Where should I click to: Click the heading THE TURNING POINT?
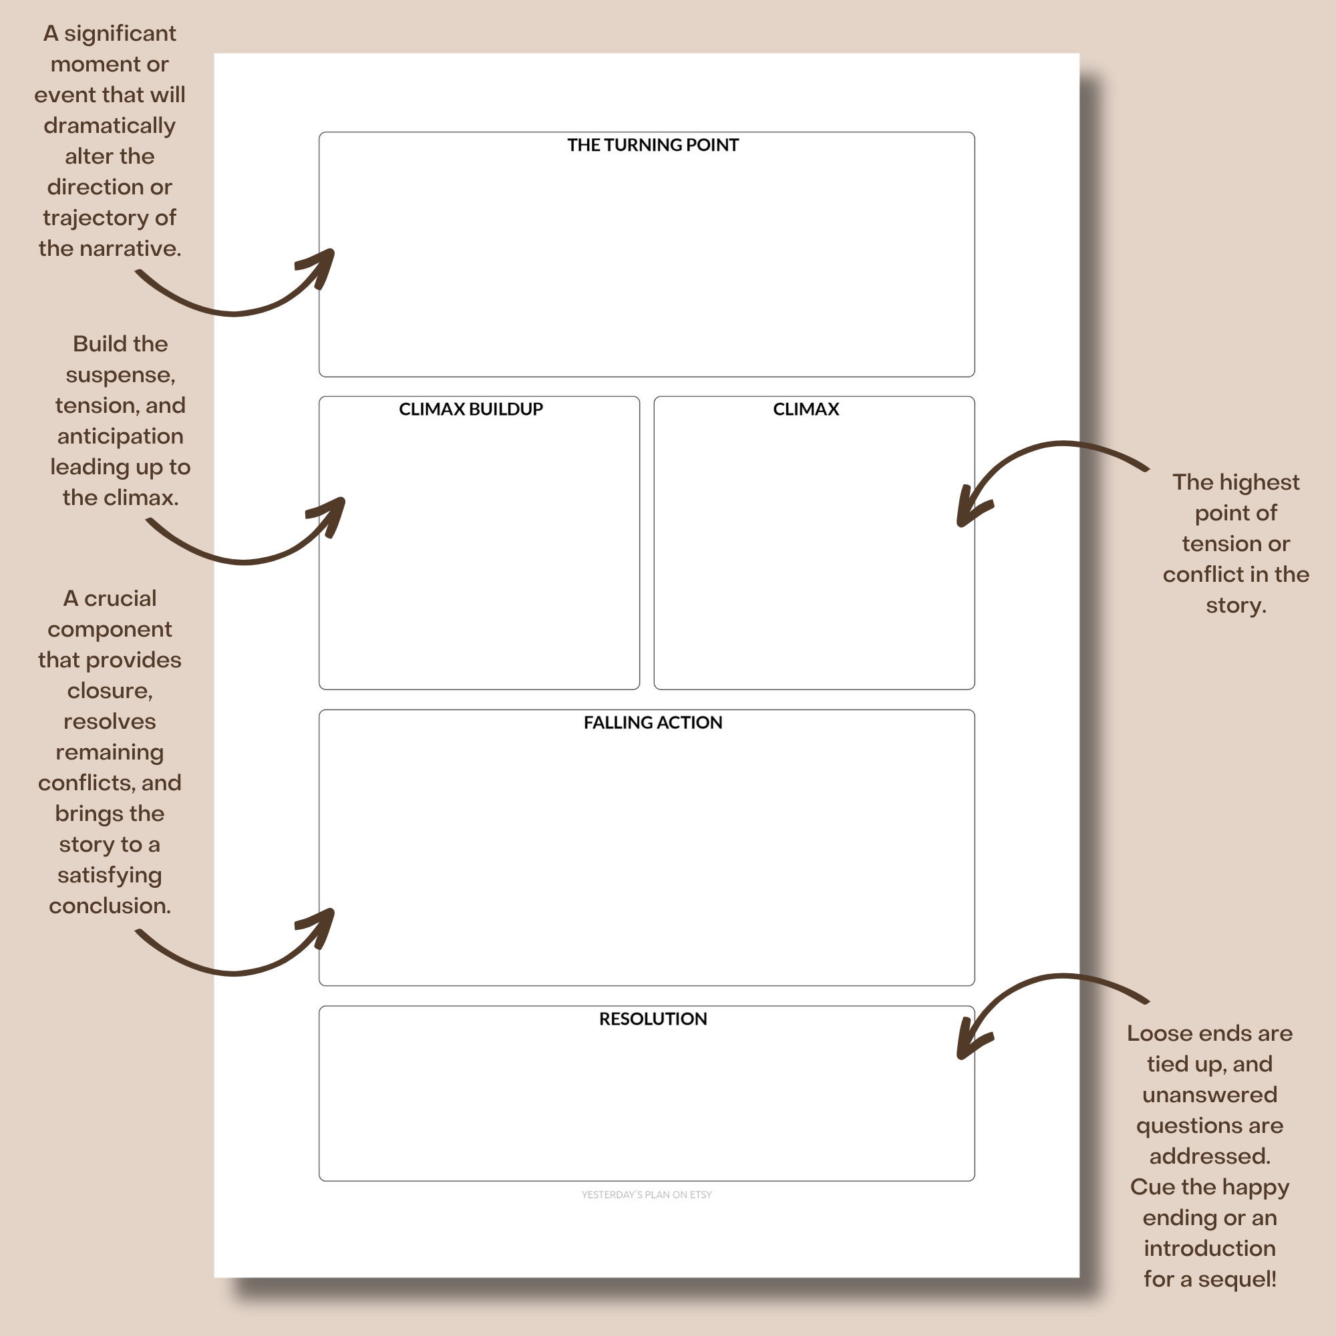point(653,144)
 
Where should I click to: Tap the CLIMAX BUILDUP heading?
point(471,409)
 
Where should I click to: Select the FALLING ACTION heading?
point(653,722)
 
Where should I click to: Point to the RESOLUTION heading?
point(653,1019)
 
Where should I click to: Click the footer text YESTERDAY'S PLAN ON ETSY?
point(647,1194)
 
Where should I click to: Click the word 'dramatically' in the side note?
point(110,126)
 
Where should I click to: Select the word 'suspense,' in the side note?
point(120,375)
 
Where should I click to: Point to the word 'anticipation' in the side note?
point(120,436)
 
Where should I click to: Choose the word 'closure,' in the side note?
point(110,691)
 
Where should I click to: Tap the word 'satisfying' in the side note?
point(110,876)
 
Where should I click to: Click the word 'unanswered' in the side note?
point(1210,1095)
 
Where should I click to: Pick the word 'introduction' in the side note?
point(1210,1248)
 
